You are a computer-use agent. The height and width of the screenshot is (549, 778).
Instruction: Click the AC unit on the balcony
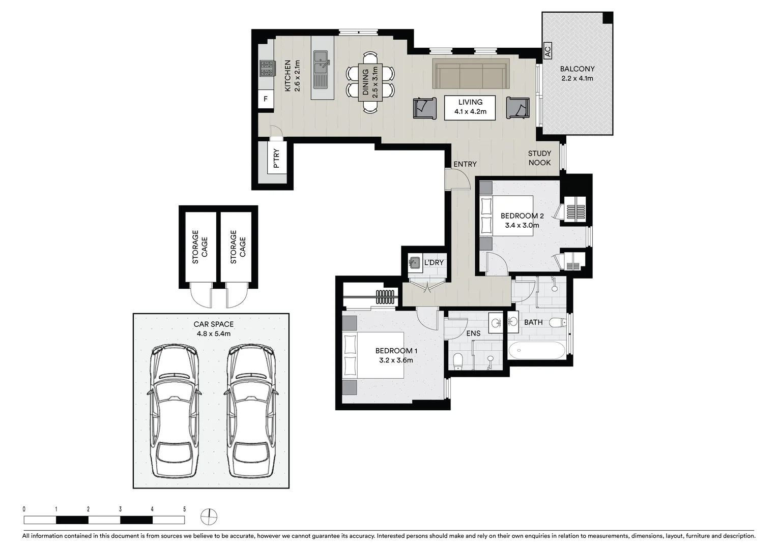click(x=548, y=51)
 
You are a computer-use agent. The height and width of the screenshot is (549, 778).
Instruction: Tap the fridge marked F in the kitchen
click(x=265, y=99)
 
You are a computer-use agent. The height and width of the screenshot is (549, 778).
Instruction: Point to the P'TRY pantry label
click(x=276, y=158)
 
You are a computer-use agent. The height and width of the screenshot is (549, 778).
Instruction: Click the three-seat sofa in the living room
click(x=471, y=74)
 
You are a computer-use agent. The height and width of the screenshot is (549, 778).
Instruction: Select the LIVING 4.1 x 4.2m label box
click(x=470, y=107)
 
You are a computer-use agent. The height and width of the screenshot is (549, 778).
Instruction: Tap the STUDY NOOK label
click(x=539, y=158)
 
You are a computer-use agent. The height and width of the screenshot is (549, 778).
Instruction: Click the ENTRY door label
click(x=465, y=164)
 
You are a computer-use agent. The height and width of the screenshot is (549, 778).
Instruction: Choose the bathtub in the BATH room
click(x=536, y=350)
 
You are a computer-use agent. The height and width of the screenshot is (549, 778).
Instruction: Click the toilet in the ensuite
click(x=458, y=361)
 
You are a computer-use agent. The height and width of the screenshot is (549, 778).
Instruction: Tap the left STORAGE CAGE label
click(x=200, y=247)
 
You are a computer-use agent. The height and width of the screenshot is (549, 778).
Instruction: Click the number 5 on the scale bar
click(x=184, y=509)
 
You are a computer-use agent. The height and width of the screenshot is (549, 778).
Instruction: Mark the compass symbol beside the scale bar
click(x=209, y=517)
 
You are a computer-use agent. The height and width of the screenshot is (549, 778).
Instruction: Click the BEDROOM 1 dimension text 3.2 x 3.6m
click(x=396, y=360)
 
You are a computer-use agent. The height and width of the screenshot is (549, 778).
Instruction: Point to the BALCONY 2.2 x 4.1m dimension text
click(x=577, y=78)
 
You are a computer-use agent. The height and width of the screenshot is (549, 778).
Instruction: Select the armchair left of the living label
click(x=424, y=108)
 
